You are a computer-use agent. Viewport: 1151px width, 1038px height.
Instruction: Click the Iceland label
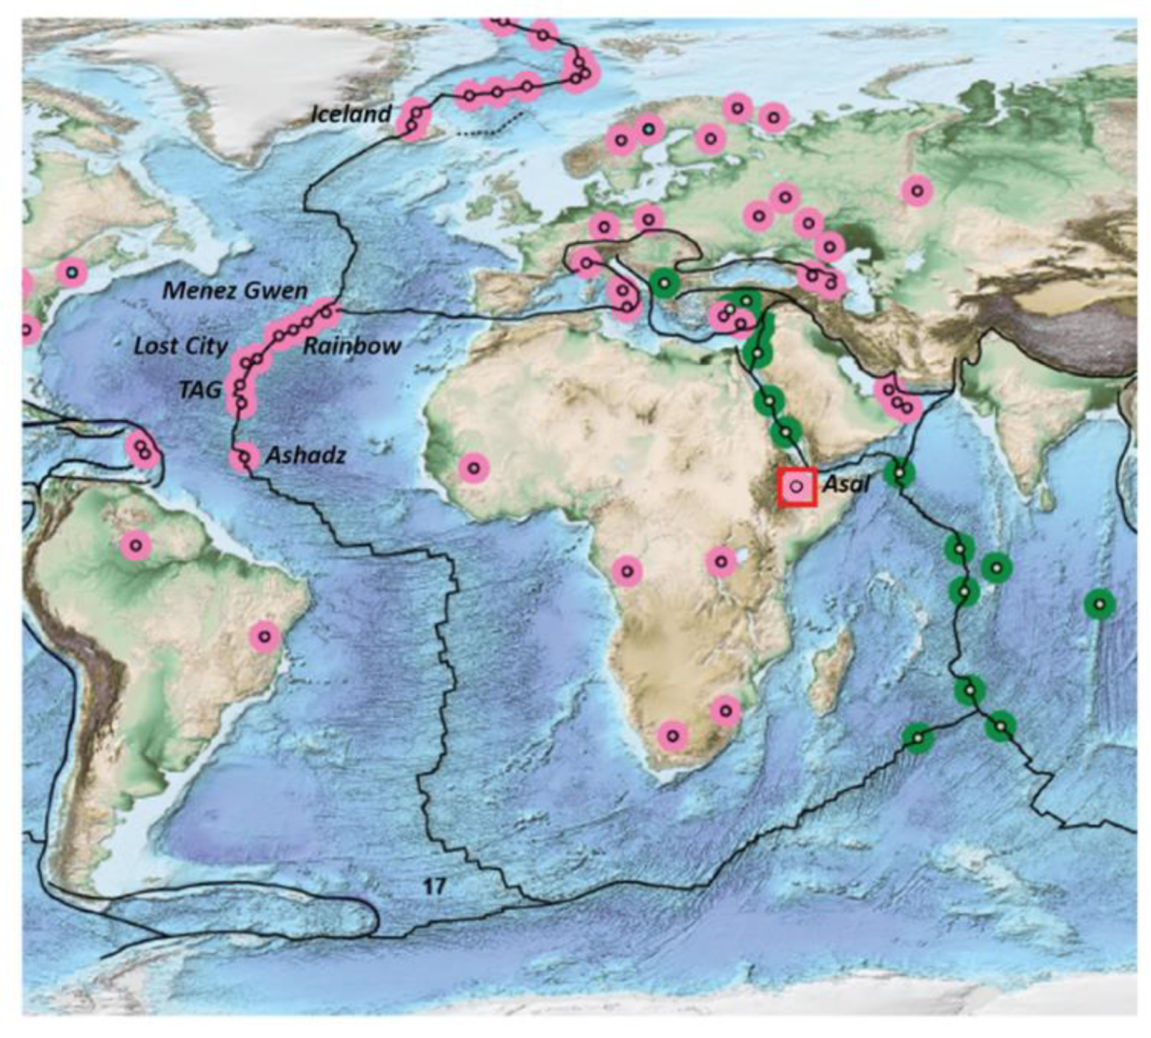click(351, 114)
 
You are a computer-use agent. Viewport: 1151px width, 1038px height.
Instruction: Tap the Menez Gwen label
click(235, 291)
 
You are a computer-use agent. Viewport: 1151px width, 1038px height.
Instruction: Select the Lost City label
click(181, 346)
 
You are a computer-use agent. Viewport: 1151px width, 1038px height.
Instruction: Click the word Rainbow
click(352, 346)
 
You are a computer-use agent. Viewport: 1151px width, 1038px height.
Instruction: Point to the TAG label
click(200, 390)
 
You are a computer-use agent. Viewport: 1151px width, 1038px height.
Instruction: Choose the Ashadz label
click(306, 456)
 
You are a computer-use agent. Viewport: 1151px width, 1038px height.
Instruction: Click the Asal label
click(846, 484)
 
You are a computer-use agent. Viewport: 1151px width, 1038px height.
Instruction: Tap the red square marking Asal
click(797, 486)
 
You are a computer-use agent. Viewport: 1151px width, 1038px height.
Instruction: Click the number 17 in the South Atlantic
click(435, 887)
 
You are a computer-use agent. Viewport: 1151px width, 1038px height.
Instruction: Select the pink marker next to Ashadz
click(244, 458)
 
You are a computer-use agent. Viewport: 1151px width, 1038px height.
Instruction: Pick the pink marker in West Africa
click(474, 468)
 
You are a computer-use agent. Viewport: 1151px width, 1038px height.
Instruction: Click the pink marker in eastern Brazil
click(265, 637)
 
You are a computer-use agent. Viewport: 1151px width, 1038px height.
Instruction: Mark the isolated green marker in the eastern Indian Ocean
click(1099, 603)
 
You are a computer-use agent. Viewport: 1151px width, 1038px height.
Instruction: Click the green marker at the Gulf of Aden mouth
click(899, 473)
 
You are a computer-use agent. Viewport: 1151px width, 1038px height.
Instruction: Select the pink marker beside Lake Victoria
click(721, 562)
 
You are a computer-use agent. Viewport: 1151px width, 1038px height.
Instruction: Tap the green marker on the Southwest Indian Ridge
click(918, 738)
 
